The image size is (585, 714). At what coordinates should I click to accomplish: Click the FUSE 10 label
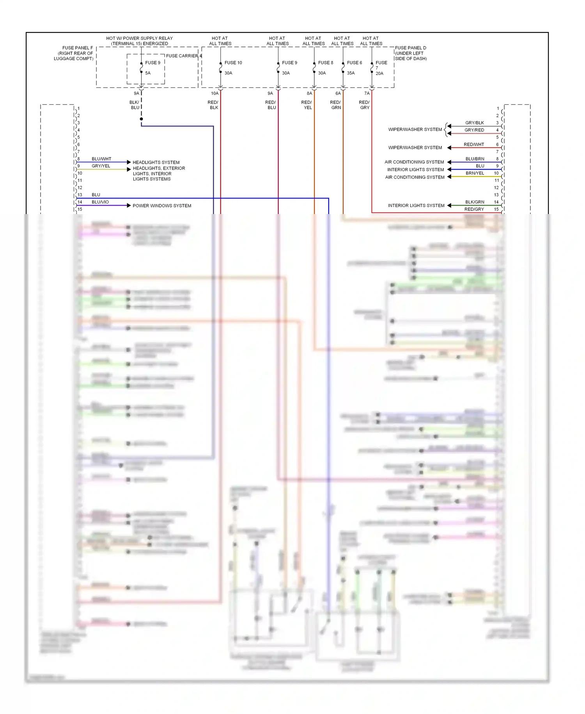(x=233, y=62)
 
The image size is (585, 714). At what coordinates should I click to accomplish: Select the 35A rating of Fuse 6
(x=351, y=73)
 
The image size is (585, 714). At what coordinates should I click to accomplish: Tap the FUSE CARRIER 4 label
(x=184, y=56)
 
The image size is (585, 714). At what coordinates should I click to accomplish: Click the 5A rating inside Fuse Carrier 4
(x=148, y=73)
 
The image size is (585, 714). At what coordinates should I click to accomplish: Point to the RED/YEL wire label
(x=307, y=105)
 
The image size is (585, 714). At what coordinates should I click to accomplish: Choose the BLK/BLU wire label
(x=135, y=105)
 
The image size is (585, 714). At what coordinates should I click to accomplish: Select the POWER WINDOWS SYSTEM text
(x=162, y=206)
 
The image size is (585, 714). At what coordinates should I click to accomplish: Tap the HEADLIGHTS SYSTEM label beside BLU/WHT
(x=156, y=162)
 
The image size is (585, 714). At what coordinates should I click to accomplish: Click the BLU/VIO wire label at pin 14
(x=100, y=202)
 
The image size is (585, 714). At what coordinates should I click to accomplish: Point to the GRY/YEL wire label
(x=101, y=166)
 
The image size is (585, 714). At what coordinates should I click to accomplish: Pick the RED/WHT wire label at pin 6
(x=474, y=145)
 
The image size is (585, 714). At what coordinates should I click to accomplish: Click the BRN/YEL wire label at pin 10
(x=475, y=173)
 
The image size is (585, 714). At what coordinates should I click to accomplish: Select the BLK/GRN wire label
(x=475, y=202)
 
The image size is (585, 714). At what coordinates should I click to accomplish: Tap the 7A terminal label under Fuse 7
(x=367, y=93)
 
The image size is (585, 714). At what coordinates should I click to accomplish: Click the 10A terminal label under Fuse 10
(x=214, y=93)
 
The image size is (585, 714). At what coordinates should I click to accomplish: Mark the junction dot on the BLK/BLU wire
(x=141, y=119)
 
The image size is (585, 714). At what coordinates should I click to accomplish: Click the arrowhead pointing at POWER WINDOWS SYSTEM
(x=129, y=205)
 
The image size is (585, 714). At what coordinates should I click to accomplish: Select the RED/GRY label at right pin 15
(x=474, y=209)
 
